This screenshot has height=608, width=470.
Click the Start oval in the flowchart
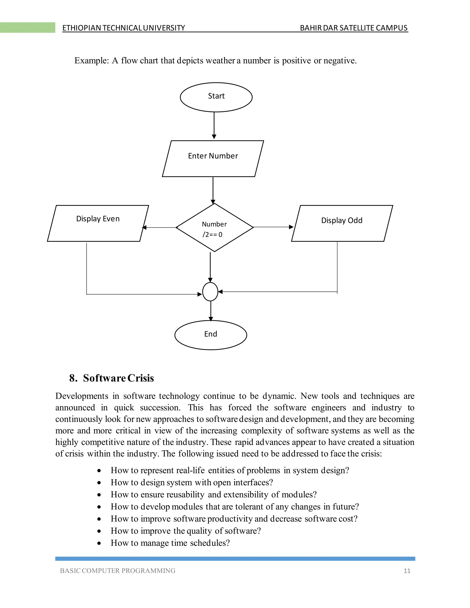(x=216, y=97)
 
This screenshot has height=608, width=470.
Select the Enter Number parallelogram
(x=213, y=158)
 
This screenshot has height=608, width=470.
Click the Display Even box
(x=98, y=223)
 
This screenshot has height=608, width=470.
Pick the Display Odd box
(x=342, y=223)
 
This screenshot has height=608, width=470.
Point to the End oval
(x=211, y=335)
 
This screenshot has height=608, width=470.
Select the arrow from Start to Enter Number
(x=214, y=125)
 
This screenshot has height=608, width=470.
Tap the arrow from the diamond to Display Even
(x=159, y=227)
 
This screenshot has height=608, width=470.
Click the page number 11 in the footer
(x=407, y=571)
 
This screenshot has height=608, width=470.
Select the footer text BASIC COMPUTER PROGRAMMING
(x=117, y=571)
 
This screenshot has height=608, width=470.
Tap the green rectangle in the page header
(x=27, y=28)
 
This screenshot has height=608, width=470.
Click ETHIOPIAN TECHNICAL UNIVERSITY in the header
(x=124, y=28)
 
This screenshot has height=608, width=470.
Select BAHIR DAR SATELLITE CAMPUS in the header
(x=354, y=28)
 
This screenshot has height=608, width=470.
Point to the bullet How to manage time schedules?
(x=170, y=543)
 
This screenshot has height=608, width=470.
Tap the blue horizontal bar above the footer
(x=235, y=559)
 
